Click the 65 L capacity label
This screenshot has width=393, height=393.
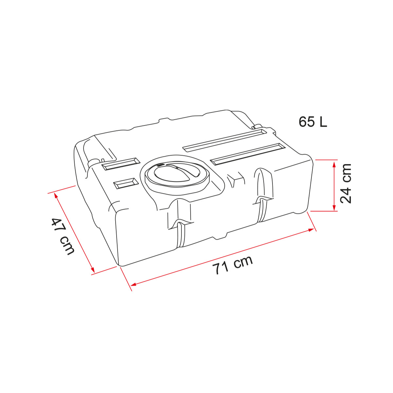coord(313,122)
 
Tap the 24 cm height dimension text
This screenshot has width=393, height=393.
coord(346,184)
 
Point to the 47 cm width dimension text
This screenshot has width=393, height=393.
coord(63,236)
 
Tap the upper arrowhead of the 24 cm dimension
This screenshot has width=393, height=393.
coord(334,163)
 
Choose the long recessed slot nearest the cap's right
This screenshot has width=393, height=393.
coord(248,154)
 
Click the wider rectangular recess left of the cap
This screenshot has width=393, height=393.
coord(121,163)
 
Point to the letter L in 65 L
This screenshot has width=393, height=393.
coord(323,122)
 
